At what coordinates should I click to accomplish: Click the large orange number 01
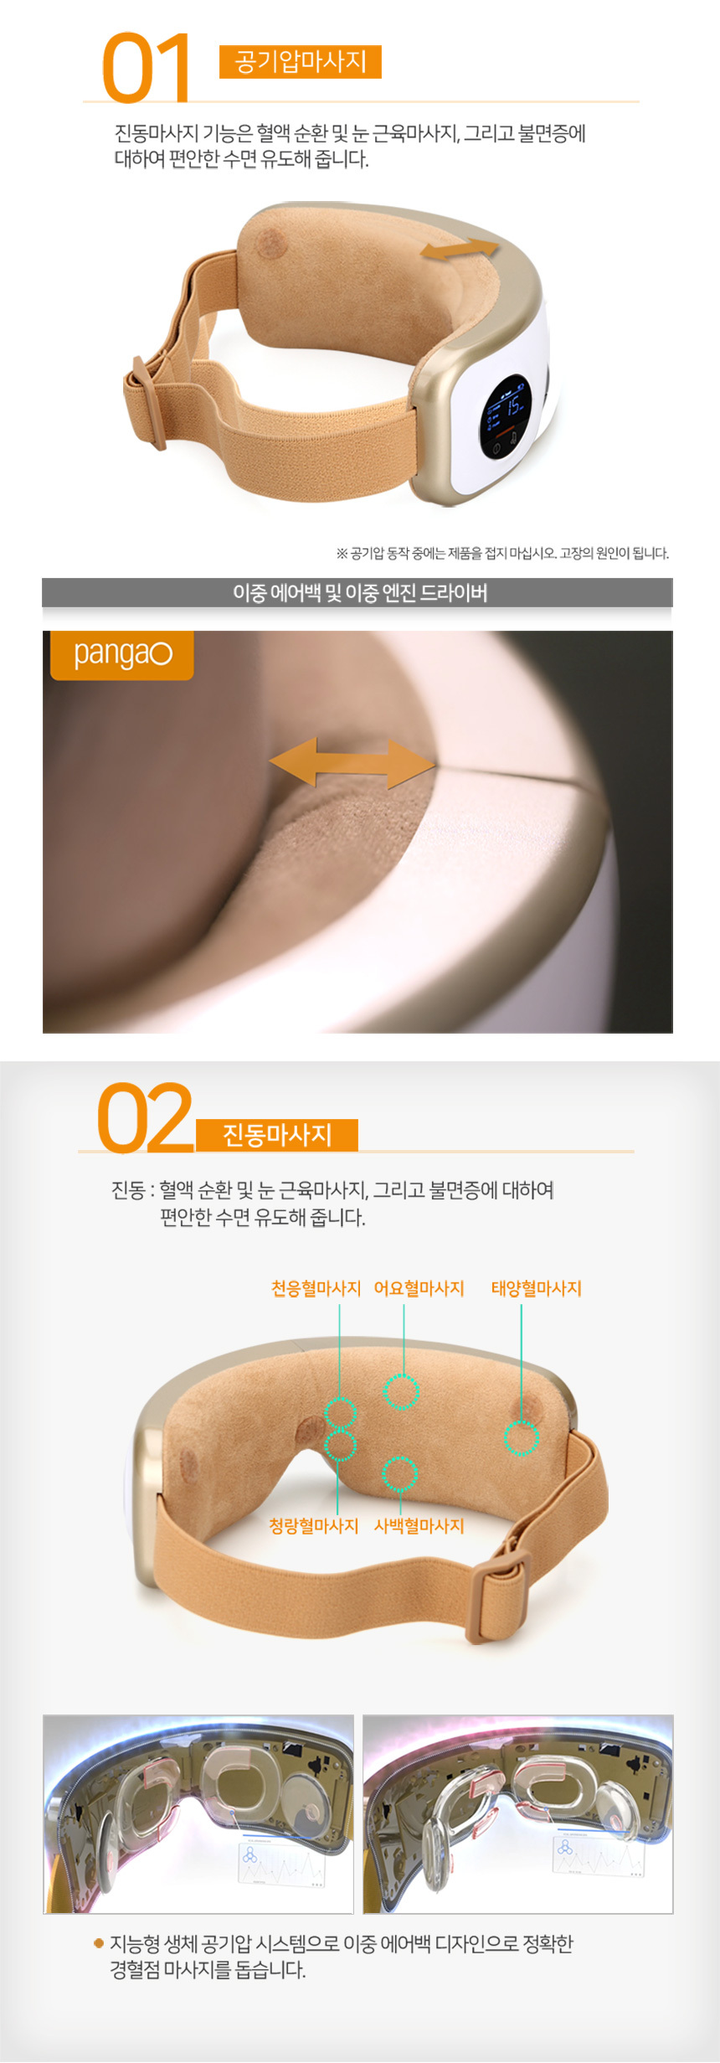click(146, 68)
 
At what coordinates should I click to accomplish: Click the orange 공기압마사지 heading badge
click(300, 62)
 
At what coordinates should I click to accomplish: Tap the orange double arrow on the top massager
click(460, 250)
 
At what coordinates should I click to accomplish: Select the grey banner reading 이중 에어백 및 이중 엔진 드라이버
click(357, 592)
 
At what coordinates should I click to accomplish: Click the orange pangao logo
click(121, 655)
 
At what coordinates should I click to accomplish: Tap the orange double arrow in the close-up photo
click(352, 762)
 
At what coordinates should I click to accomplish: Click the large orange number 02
click(145, 1117)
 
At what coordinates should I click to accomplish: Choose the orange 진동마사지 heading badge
click(277, 1135)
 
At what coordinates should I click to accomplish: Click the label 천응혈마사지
click(316, 1288)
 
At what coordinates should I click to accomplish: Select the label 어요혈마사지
click(419, 1288)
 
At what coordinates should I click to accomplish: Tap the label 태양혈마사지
click(536, 1288)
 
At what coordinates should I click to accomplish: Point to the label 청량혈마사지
click(313, 1525)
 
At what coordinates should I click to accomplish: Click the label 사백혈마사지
click(419, 1525)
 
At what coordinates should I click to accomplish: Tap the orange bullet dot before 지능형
click(99, 1943)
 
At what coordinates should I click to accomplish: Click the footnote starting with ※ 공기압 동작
click(502, 553)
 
